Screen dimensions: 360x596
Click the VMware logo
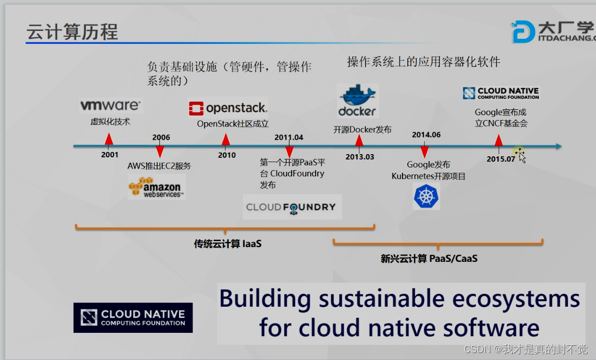[110, 105]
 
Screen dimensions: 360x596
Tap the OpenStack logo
[228, 108]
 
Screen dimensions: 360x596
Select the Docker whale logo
[357, 101]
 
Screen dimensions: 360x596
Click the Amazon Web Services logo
[156, 187]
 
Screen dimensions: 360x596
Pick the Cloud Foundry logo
[291, 207]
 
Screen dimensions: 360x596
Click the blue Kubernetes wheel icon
[426, 196]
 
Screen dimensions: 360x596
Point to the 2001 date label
[110, 155]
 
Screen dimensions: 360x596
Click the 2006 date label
[161, 137]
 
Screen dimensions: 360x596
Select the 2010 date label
[227, 155]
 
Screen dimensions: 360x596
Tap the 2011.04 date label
[289, 137]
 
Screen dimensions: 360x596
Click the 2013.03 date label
[360, 157]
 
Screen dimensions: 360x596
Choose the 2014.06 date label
[426, 134]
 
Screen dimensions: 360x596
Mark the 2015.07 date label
[501, 158]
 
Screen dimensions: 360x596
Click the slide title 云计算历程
[72, 32]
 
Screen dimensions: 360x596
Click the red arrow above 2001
[109, 140]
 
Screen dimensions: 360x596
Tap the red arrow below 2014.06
[425, 152]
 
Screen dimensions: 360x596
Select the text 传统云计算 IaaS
[228, 244]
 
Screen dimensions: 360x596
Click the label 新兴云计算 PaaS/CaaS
[429, 259]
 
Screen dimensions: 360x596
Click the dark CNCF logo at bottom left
[133, 318]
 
